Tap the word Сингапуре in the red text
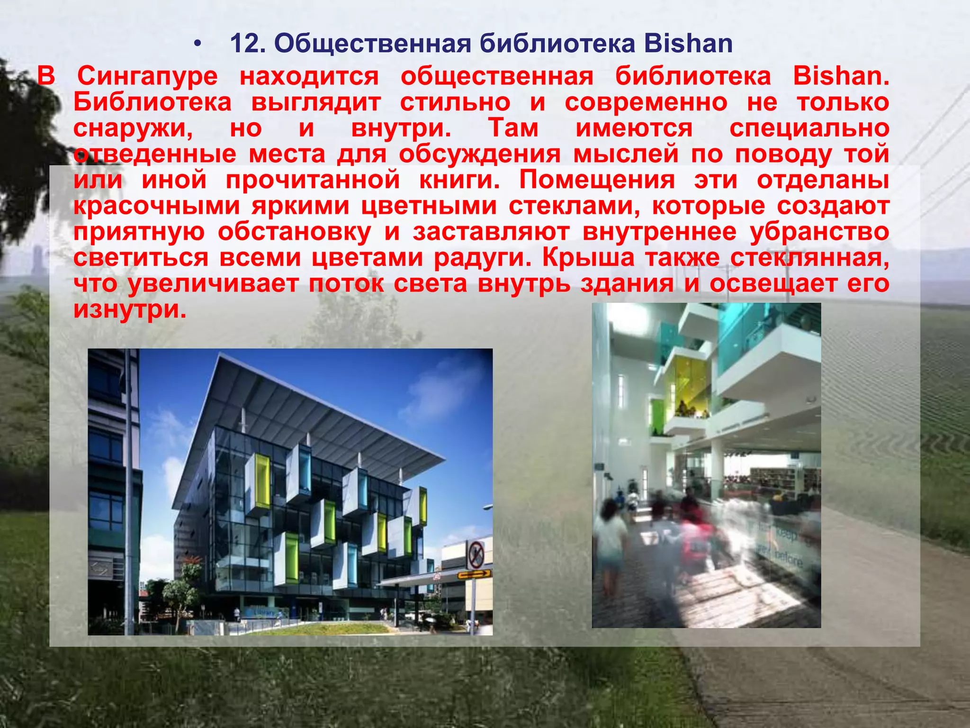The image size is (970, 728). pyautogui.click(x=147, y=77)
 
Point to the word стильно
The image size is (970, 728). pyautogui.click(x=455, y=102)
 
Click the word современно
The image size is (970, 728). pyautogui.click(x=646, y=102)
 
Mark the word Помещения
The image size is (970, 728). pyautogui.click(x=597, y=180)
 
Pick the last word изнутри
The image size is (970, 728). pyautogui.click(x=130, y=309)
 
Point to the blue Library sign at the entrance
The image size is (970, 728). pyautogui.click(x=263, y=613)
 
